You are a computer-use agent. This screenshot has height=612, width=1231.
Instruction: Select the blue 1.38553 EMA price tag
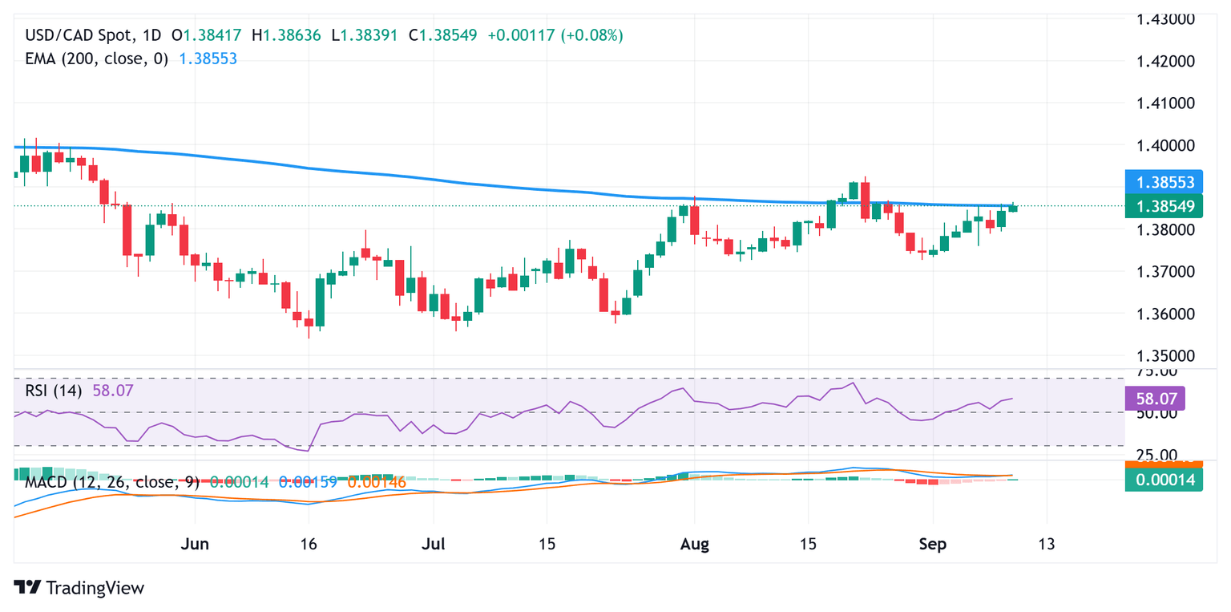[x=1164, y=182]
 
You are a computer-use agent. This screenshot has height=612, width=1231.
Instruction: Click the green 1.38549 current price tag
[x=1164, y=206]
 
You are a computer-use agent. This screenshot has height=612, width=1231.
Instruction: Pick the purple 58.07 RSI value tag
[x=1154, y=398]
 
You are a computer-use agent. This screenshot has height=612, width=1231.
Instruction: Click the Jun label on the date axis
[x=196, y=545]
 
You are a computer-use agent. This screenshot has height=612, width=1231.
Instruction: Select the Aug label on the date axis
[x=694, y=545]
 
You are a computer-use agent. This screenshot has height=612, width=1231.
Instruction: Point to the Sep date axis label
[x=933, y=545]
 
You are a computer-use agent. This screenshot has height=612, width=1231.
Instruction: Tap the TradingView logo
[x=79, y=587]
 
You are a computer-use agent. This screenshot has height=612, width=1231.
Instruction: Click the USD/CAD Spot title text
[x=77, y=36]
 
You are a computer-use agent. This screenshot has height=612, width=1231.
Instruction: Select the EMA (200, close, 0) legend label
[x=97, y=59]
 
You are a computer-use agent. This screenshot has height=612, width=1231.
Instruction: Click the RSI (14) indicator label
[x=56, y=391]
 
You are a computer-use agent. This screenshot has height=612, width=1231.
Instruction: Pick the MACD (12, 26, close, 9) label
[x=112, y=483]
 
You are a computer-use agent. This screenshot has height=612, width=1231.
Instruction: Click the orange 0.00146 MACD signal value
[x=377, y=483]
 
